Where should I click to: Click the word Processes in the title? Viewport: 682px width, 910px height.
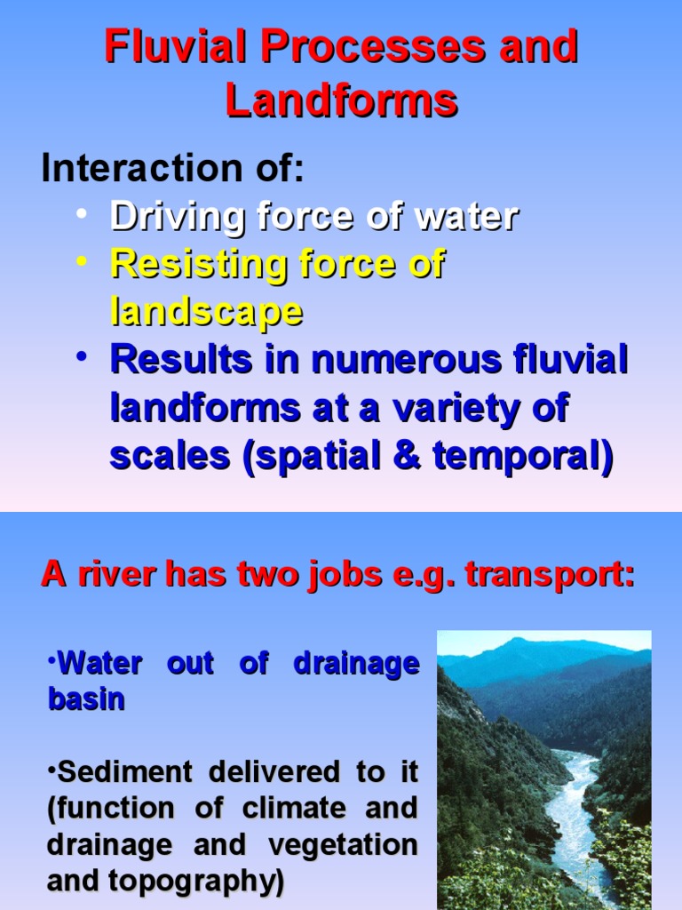[x=363, y=47]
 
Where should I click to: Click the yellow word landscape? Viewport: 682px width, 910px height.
[x=206, y=312]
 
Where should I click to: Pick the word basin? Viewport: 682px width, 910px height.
[x=85, y=698]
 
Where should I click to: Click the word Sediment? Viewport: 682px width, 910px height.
[x=123, y=771]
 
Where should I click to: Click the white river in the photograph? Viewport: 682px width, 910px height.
[x=568, y=800]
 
